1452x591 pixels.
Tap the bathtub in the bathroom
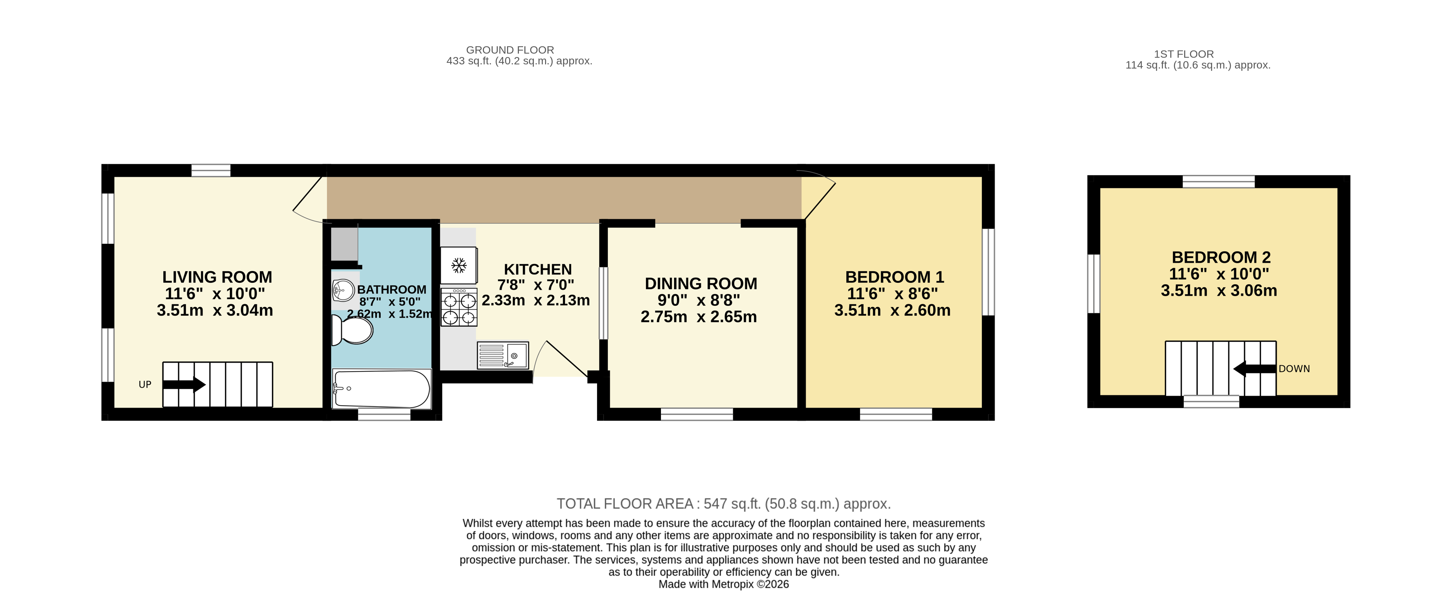tap(381, 389)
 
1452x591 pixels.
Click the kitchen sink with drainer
tap(502, 355)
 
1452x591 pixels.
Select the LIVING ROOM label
tap(217, 277)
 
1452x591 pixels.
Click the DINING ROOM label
tap(701, 283)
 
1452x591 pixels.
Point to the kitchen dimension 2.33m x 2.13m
tap(535, 300)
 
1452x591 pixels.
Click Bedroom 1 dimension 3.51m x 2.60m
tap(892, 310)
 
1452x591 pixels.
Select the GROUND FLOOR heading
tap(510, 50)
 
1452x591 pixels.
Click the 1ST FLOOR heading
tap(1184, 54)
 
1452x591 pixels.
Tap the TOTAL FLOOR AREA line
tap(723, 504)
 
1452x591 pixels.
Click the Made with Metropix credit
tap(723, 584)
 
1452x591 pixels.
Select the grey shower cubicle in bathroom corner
tap(344, 243)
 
